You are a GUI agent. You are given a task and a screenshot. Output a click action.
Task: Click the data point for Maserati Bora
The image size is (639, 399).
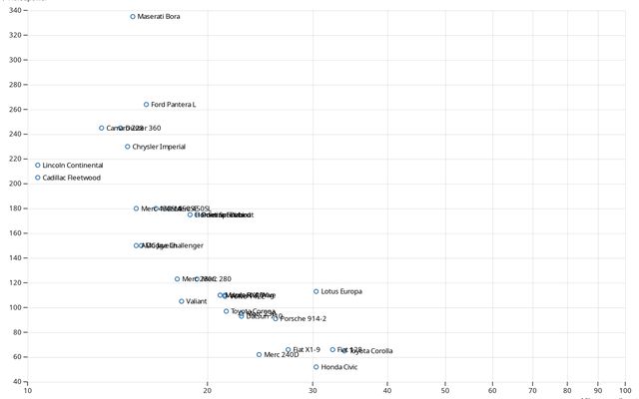tap(133, 17)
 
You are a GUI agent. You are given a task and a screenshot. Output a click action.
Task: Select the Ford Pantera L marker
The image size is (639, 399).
tap(147, 105)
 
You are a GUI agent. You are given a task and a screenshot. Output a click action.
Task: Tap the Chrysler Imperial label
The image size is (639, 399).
tap(159, 147)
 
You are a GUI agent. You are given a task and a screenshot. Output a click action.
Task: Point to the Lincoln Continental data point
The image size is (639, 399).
tap(38, 166)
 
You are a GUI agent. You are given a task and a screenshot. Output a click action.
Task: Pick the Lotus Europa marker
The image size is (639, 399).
tap(317, 292)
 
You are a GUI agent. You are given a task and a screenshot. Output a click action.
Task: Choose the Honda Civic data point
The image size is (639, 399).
tap(317, 367)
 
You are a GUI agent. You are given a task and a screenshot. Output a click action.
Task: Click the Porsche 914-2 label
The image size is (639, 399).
tap(304, 319)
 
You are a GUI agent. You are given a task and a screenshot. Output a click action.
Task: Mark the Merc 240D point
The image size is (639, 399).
tap(260, 355)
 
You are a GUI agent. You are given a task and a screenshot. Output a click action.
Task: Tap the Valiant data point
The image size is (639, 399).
tap(182, 301)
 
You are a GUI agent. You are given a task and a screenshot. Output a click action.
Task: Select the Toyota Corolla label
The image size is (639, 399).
tap(370, 351)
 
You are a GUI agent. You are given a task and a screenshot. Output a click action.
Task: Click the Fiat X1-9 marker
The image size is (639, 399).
tap(289, 350)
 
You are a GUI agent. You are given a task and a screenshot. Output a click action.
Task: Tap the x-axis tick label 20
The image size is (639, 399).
tap(208, 390)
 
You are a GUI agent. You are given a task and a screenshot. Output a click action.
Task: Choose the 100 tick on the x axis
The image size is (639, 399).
tap(625, 390)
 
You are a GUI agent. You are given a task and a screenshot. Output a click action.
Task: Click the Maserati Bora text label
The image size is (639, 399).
tap(159, 17)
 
